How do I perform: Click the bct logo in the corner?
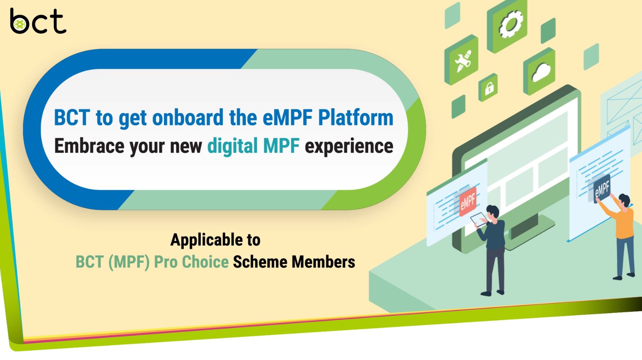point(38,20)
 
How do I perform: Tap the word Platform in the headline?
point(356,118)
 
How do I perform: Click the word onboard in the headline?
point(188,118)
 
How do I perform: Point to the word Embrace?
point(89,146)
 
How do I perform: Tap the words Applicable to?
point(215,240)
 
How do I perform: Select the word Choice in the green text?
point(205,262)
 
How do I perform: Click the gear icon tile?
point(507,26)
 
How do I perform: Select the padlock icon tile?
point(488,87)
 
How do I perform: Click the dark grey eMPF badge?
point(602,189)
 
